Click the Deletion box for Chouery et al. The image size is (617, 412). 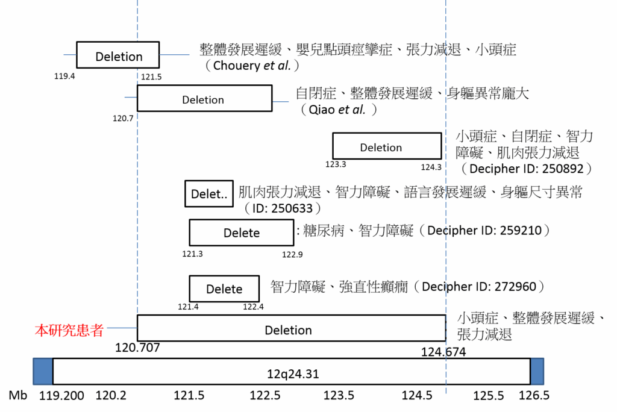[118, 56]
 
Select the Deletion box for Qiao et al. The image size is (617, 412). [204, 99]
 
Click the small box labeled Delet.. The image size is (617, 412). [209, 194]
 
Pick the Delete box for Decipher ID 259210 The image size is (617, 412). [242, 233]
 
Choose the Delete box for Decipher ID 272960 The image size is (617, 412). [224, 289]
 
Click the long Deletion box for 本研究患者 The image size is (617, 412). [291, 329]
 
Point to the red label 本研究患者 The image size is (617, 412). [69, 330]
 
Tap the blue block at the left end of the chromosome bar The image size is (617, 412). [43, 371]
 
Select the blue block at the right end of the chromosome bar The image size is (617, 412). [537, 371]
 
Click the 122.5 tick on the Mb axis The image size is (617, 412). [265, 396]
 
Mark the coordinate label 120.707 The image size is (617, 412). [137, 348]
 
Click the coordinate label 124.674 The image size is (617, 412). [443, 352]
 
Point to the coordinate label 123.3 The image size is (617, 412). [336, 164]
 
